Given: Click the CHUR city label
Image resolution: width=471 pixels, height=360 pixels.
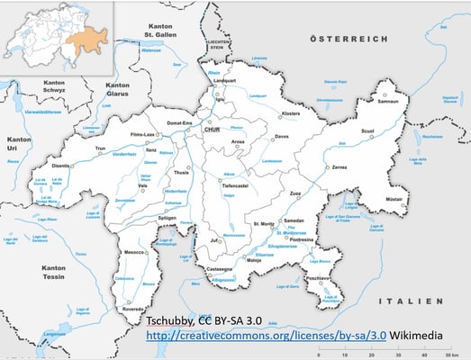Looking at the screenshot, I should tap(213, 130).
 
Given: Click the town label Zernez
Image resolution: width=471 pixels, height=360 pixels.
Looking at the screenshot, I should tap(339, 167).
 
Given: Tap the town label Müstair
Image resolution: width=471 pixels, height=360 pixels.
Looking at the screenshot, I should tap(393, 197).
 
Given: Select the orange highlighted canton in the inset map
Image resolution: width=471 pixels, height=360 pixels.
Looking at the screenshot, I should tap(90, 37).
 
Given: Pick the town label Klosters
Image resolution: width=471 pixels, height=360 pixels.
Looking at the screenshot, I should tap(291, 114).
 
